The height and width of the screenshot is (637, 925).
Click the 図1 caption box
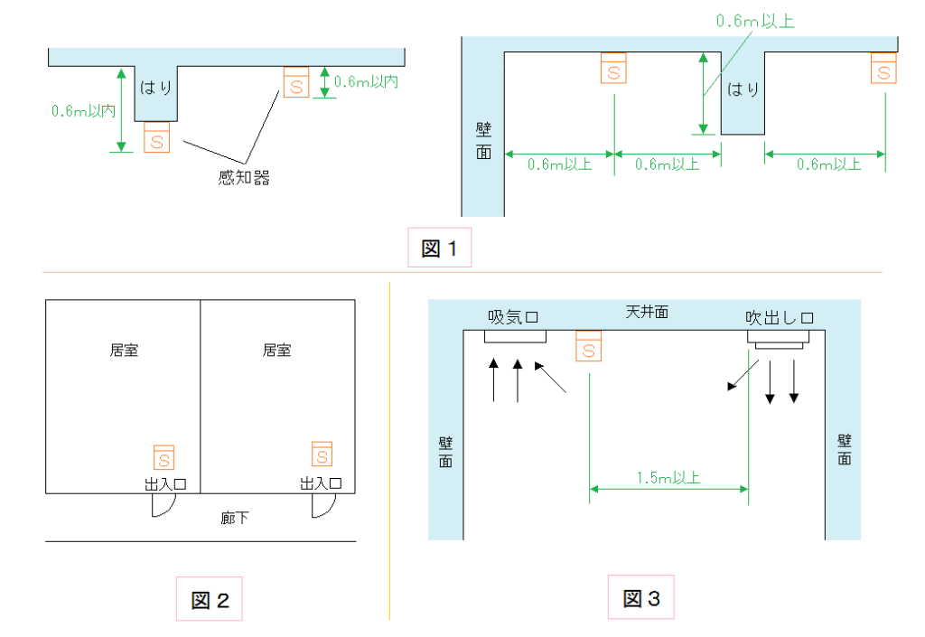[440, 248]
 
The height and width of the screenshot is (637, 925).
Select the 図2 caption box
[210, 599]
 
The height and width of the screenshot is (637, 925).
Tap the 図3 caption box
[640, 597]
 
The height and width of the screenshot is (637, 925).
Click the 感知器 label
[244, 178]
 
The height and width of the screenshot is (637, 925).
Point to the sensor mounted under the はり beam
[156, 138]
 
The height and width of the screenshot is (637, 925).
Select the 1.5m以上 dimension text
[668, 477]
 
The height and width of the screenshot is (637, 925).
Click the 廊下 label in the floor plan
[236, 519]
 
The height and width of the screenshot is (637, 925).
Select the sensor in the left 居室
[164, 457]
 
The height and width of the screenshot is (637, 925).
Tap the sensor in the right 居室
[322, 454]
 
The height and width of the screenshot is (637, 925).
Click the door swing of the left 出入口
[162, 505]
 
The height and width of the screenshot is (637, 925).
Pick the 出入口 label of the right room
[320, 484]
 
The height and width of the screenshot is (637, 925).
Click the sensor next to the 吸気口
[588, 344]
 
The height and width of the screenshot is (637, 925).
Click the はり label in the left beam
[155, 89]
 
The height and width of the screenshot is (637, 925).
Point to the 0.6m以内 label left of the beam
[83, 111]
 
